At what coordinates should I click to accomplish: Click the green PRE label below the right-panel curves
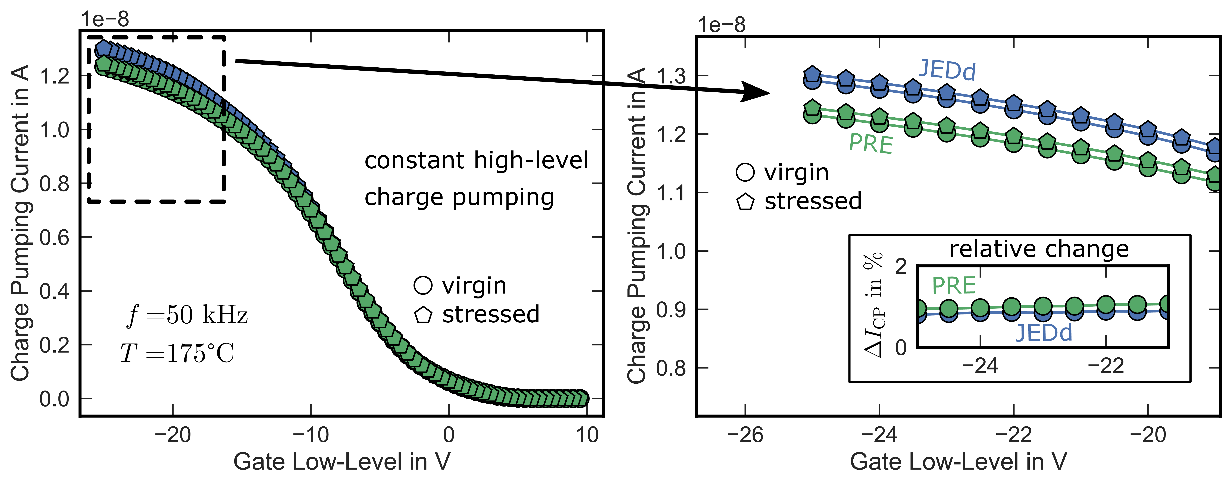(871, 143)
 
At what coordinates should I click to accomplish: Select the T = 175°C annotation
(177, 354)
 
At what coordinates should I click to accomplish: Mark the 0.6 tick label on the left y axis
(54, 237)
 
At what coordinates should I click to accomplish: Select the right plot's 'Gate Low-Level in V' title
(958, 462)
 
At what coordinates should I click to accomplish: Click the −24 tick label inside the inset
(980, 366)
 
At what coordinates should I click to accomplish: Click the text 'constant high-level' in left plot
(476, 160)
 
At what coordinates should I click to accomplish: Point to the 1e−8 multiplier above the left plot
(105, 19)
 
